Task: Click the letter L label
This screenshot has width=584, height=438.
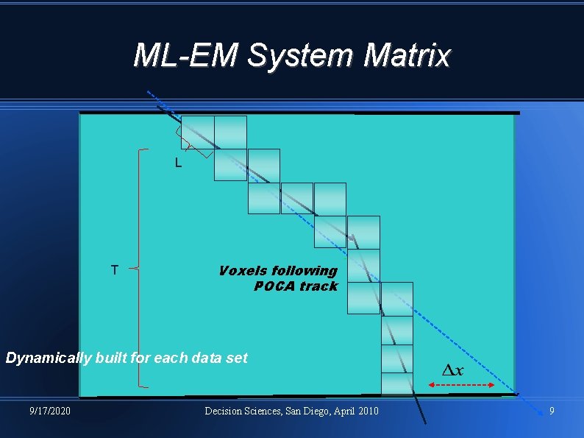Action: tap(178, 163)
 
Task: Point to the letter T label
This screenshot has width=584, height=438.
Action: tap(114, 270)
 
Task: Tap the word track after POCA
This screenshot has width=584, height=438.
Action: tap(318, 286)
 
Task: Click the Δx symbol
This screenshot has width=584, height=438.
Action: tap(452, 370)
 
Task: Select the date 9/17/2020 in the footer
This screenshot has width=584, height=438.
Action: tap(50, 410)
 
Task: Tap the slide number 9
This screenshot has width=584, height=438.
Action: tap(552, 410)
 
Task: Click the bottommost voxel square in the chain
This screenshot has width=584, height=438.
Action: tap(397, 384)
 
